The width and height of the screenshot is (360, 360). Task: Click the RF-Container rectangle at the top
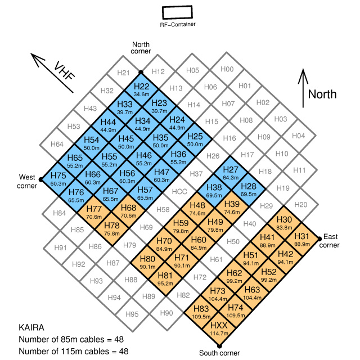(177, 12)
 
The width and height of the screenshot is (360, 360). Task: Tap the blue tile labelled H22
(141, 89)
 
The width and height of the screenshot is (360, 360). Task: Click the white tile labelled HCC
(179, 192)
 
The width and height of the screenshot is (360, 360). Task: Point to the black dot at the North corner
(141, 72)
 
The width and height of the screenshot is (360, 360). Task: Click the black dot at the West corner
(40, 179)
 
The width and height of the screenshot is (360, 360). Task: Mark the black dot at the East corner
(319, 238)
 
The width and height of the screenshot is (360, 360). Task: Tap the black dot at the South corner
(219, 345)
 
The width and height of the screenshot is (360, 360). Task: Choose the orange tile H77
(93, 212)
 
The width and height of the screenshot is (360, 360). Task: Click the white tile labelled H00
(227, 70)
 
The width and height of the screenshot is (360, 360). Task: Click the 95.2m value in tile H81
(165, 284)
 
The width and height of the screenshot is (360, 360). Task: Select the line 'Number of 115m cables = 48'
(73, 351)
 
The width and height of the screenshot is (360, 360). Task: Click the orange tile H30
(284, 222)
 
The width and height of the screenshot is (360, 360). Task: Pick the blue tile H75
(58, 178)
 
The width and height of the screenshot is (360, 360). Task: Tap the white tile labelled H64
(57, 144)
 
